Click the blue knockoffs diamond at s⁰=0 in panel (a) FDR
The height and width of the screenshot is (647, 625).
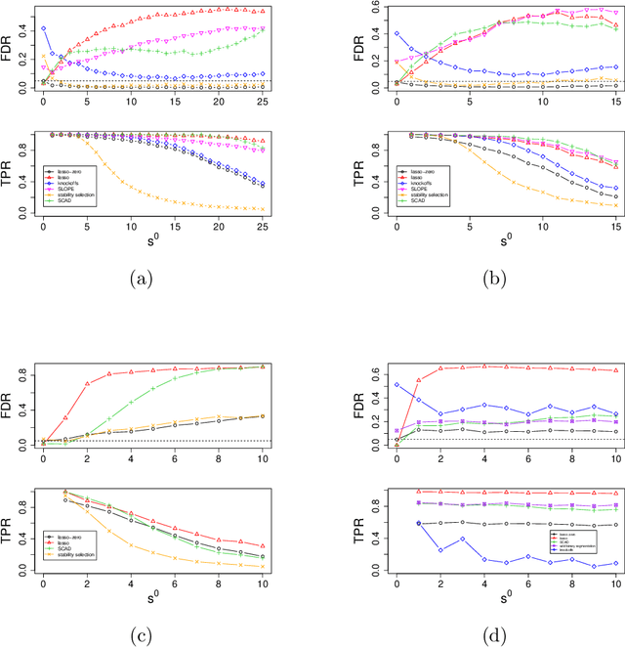pos(43,29)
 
